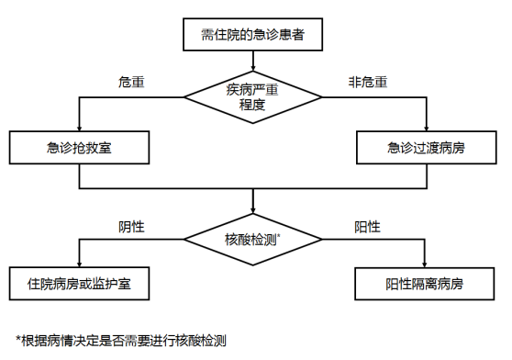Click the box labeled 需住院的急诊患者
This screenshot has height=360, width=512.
(252, 36)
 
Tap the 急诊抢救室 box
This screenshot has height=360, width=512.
(79, 148)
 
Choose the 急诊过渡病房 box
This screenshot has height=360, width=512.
(426, 148)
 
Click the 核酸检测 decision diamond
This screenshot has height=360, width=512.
(252, 240)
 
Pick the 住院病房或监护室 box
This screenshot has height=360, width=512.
(79, 284)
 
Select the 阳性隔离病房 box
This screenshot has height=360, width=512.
(426, 284)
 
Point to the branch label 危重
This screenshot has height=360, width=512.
(133, 83)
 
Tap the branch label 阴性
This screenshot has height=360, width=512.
(133, 227)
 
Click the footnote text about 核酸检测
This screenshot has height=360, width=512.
(120, 339)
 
